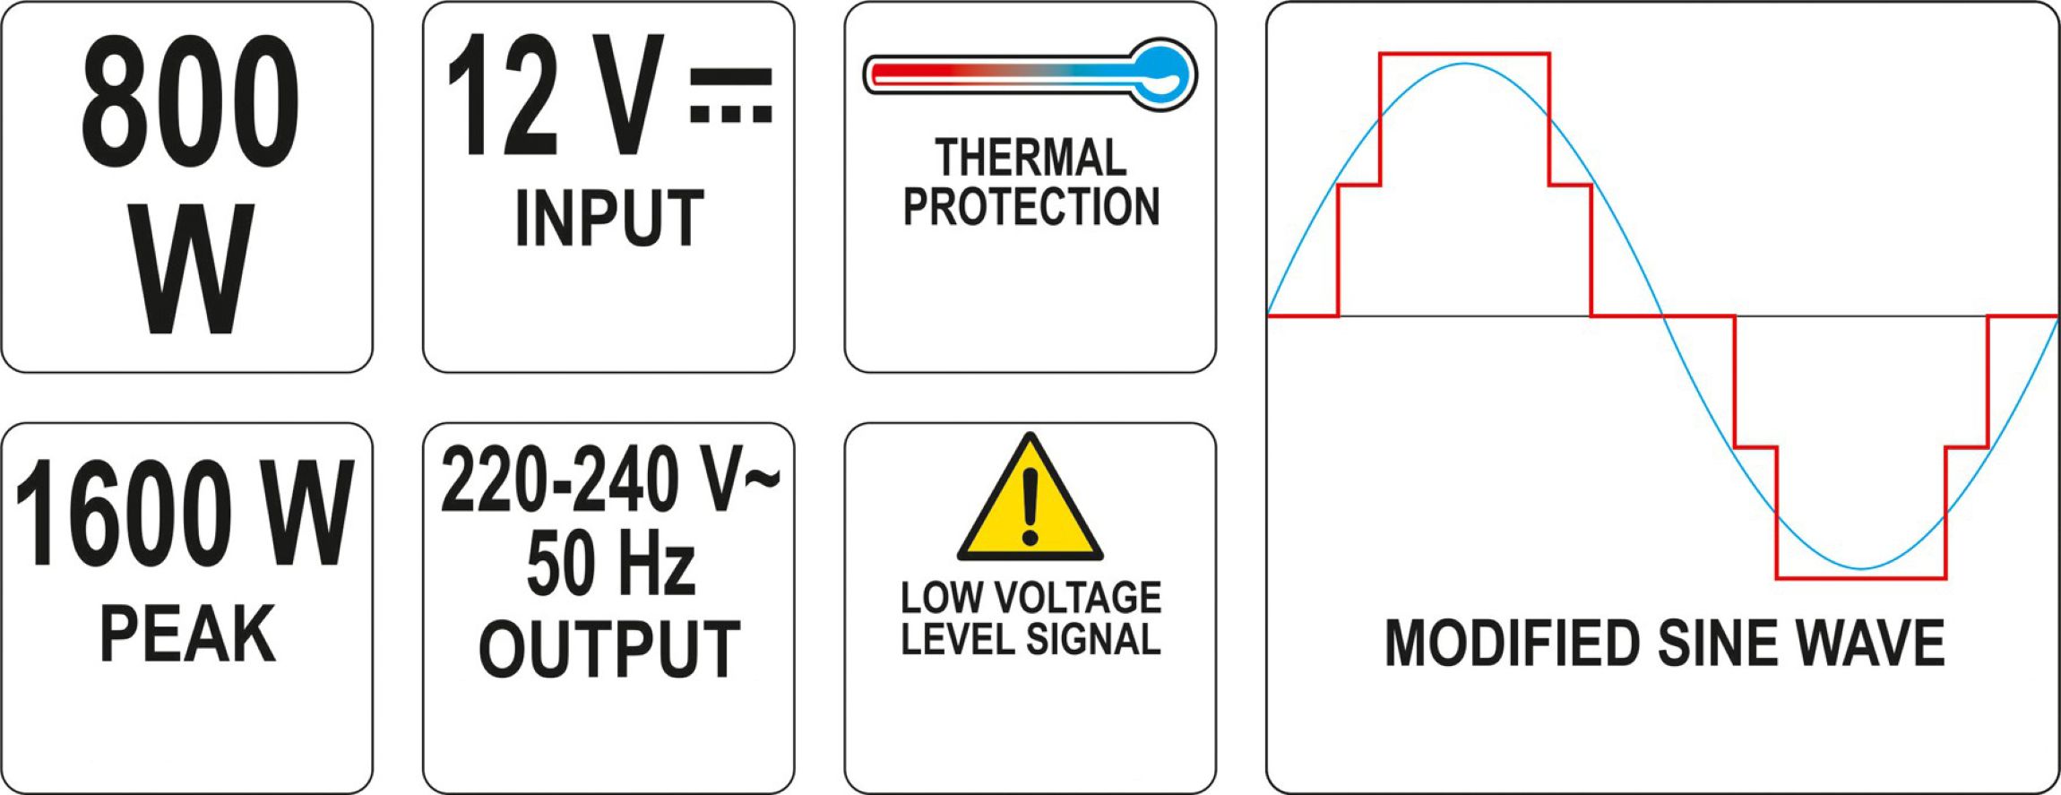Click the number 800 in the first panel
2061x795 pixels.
point(190,104)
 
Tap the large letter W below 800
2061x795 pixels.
point(190,269)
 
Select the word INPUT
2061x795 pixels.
point(609,218)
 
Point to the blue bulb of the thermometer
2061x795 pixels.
point(1163,73)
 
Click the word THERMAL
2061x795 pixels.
point(1030,158)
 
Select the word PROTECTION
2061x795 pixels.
point(1030,206)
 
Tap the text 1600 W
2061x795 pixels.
point(184,513)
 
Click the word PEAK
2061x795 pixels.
point(187,634)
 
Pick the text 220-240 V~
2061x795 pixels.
point(609,480)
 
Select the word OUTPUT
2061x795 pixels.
point(609,648)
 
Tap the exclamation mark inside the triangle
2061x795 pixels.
point(1030,506)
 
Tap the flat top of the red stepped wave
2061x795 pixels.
point(1464,55)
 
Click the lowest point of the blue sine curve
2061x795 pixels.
point(1861,569)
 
